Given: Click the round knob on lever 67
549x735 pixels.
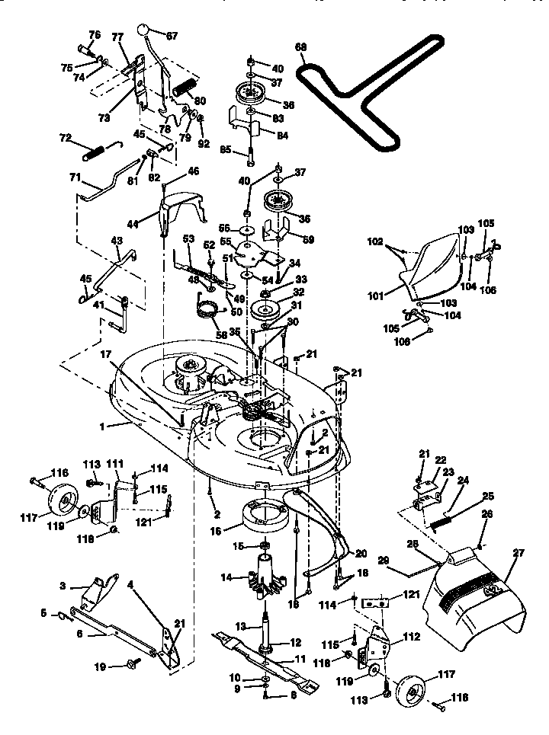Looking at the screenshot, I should (x=143, y=30).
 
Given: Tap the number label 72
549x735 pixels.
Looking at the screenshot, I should (x=65, y=138).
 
